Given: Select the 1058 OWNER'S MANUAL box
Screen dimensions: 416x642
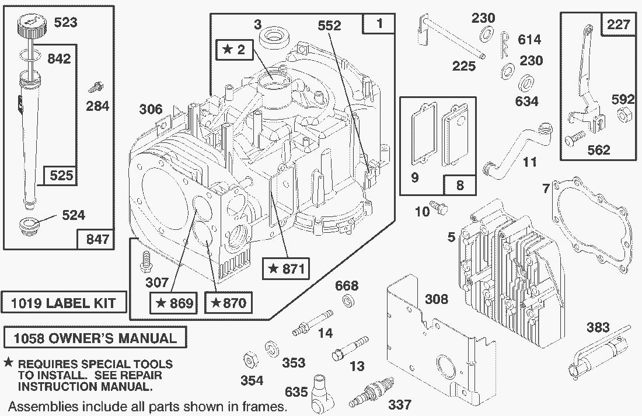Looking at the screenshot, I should pyautogui.click(x=95, y=338).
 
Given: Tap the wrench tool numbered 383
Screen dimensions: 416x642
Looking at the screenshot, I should pyautogui.click(x=598, y=354).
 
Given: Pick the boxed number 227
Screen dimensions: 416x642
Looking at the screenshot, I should pyautogui.click(x=617, y=25).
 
